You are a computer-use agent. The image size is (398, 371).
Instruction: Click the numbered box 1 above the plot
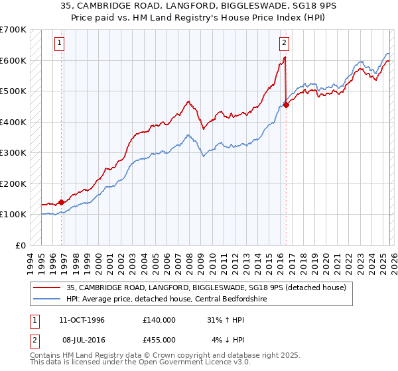60,44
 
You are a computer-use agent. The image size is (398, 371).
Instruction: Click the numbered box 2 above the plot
284,44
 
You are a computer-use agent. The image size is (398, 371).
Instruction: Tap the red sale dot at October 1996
61,202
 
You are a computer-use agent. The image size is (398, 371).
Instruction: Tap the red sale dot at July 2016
286,105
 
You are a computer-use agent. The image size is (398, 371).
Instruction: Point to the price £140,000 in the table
159,320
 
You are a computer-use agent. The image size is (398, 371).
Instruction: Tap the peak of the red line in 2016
285,58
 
